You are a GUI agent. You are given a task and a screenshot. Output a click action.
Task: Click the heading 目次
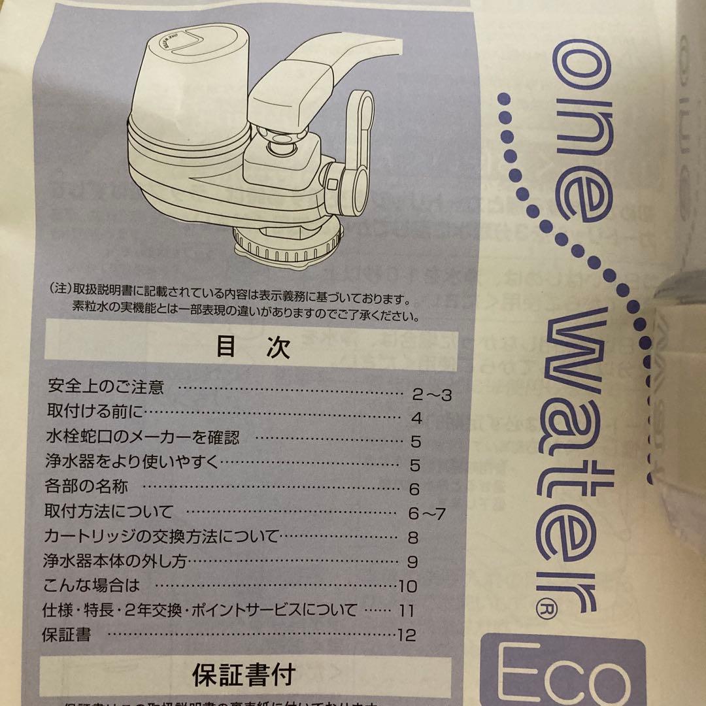tap(253, 347)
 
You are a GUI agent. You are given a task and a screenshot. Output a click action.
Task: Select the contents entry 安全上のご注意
tap(106, 387)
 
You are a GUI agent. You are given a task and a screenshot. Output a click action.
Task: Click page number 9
tap(412, 562)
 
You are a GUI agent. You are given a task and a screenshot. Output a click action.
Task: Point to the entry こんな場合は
tap(92, 584)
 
